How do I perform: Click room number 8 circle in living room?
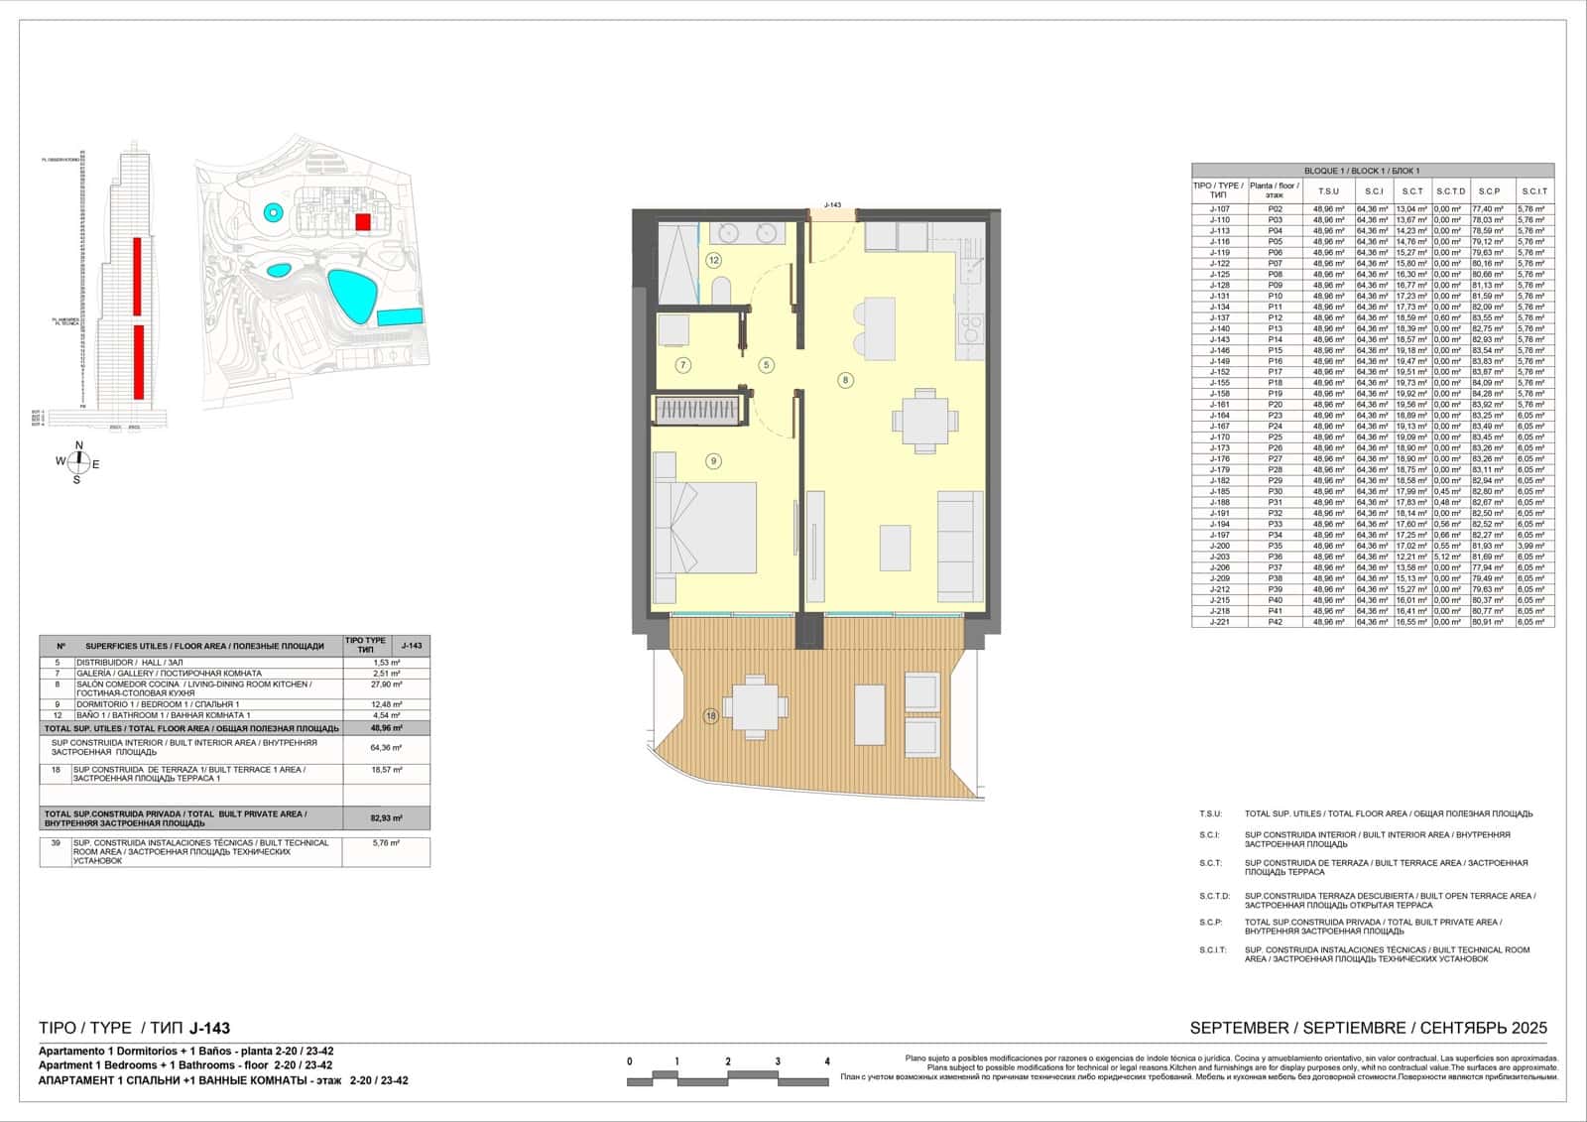tap(845, 379)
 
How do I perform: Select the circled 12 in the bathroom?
tap(713, 260)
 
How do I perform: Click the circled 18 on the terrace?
tap(711, 716)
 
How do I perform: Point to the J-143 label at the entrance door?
tap(831, 205)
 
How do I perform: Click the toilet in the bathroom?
tap(721, 290)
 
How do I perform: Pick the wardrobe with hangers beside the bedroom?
tap(696, 410)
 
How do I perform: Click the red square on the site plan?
tap(363, 221)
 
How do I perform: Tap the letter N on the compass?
tap(79, 444)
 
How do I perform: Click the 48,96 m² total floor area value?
tap(387, 728)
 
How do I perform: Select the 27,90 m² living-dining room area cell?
tap(387, 685)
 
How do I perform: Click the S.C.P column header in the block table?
tap(1490, 191)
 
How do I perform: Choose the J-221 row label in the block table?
tap(1219, 622)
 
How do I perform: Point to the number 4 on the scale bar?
tap(827, 1061)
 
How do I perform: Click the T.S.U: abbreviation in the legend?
tap(1210, 813)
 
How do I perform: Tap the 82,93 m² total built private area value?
tap(387, 818)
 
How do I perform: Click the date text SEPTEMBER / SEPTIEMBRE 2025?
tap(1368, 1028)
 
